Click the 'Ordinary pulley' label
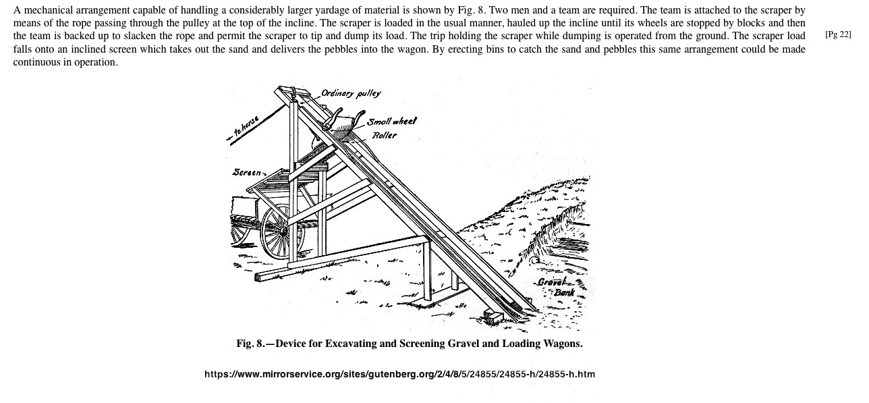pyautogui.click(x=351, y=93)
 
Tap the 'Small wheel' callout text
pyautogui.click(x=392, y=122)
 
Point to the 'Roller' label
pyautogui.click(x=385, y=135)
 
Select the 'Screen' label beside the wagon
pyautogui.click(x=247, y=172)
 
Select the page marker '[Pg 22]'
pyautogui.click(x=838, y=34)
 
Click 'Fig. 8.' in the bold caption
pyautogui.click(x=252, y=344)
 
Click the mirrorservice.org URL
pyautogui.click(x=399, y=374)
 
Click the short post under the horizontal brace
pyautogui.click(x=428, y=270)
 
